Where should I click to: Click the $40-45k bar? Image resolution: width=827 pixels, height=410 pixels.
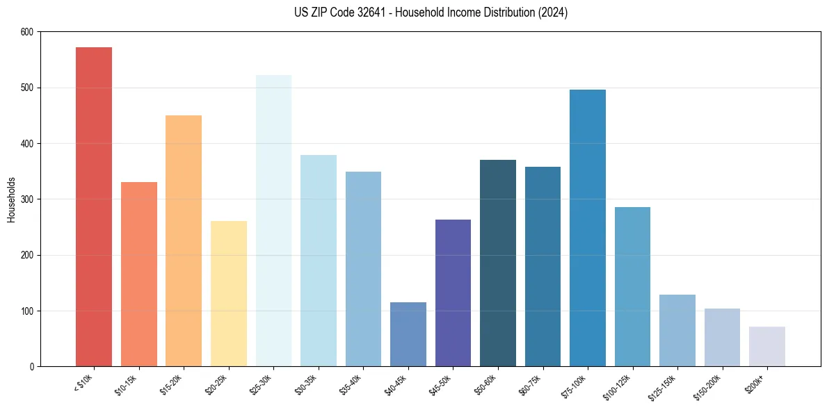pos(408,334)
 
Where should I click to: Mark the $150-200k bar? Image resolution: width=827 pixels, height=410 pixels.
pos(722,337)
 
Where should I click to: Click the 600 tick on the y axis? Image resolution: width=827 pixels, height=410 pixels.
pos(26,32)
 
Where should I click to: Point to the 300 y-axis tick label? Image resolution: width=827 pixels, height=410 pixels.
pos(26,199)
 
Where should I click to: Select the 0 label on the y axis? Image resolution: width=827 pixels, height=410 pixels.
pos(31,367)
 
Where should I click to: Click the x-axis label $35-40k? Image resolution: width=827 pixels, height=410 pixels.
pos(353,385)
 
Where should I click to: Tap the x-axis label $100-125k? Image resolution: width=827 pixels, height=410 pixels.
pos(622,387)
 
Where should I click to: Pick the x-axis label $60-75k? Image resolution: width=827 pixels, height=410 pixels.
pos(533,385)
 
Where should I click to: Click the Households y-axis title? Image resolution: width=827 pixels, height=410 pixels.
pos(11,199)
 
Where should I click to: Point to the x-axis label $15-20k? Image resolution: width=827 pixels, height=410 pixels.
pos(174,385)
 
